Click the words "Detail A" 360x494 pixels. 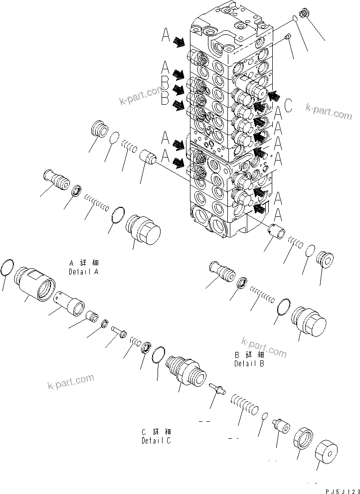tap(84, 272)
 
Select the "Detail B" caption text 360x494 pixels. tap(249, 364)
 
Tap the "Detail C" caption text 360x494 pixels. tap(157, 441)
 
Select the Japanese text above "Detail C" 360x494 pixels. tap(157, 432)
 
